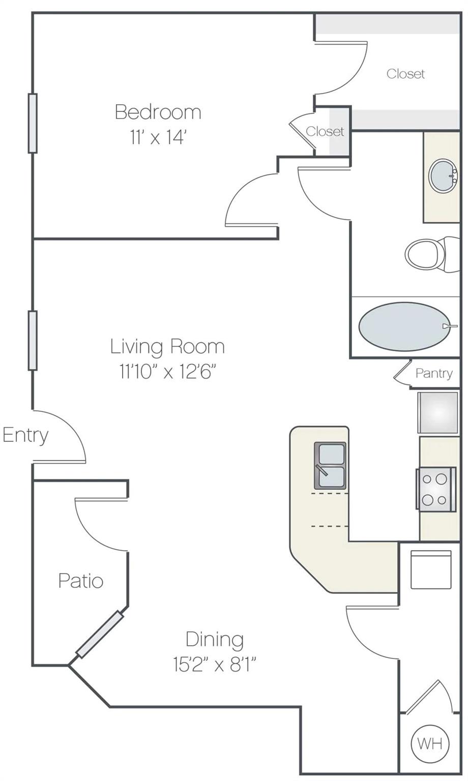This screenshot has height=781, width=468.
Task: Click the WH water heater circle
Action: coord(430,743)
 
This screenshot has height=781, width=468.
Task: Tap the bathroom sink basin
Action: coord(443,176)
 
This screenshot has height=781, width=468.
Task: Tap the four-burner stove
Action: coord(435,489)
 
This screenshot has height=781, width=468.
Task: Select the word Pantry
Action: coord(433,373)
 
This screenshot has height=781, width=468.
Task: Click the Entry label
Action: coord(25,435)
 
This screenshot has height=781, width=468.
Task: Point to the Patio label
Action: coord(81,581)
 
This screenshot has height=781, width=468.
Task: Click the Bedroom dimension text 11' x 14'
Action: coord(157,137)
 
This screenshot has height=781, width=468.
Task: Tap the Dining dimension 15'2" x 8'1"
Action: coord(214,665)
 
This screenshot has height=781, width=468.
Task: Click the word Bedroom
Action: coord(158,112)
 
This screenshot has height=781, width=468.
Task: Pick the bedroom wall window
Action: coord(33,123)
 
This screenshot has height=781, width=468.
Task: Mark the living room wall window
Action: coord(33,340)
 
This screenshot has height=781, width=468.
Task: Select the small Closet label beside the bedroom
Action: coord(325,132)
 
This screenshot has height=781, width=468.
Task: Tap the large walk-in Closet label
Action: coord(405,74)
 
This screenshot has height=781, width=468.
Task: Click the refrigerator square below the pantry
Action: coord(437,412)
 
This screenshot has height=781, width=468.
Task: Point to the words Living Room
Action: coord(167,347)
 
